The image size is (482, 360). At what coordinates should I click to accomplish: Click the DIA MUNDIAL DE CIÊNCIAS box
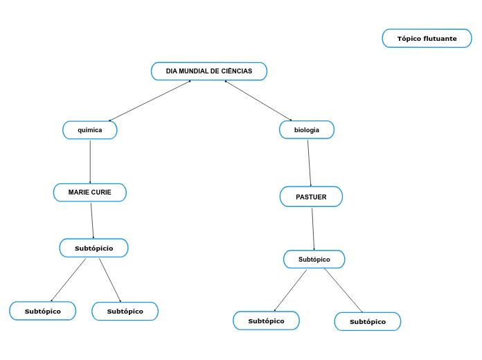[208, 71]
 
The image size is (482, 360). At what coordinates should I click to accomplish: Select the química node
[90, 130]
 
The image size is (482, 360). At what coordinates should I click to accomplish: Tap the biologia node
[307, 130]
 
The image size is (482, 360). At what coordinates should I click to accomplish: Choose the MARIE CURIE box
[90, 192]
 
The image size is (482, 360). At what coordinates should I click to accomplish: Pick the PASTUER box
[311, 197]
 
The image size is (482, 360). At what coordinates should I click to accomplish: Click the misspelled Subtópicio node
[93, 248]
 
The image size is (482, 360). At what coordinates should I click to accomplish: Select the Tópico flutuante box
[427, 39]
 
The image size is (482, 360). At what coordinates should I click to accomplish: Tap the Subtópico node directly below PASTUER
[314, 260]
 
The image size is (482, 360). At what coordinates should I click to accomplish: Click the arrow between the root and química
[150, 101]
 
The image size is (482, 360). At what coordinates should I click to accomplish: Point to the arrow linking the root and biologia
[258, 101]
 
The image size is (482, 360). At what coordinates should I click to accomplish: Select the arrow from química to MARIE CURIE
[90, 161]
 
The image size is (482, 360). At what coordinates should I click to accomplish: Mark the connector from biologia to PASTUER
[309, 163]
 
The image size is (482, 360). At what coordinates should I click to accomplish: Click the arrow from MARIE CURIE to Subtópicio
[92, 220]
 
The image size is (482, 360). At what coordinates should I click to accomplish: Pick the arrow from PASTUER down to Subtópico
[313, 229]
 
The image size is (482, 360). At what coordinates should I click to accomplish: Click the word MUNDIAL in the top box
[195, 71]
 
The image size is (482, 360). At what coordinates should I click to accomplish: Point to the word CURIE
[101, 192]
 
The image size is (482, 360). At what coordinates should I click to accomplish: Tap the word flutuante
[440, 39]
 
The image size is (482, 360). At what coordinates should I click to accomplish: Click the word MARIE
[78, 192]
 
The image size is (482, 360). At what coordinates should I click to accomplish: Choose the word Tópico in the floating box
[409, 39]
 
